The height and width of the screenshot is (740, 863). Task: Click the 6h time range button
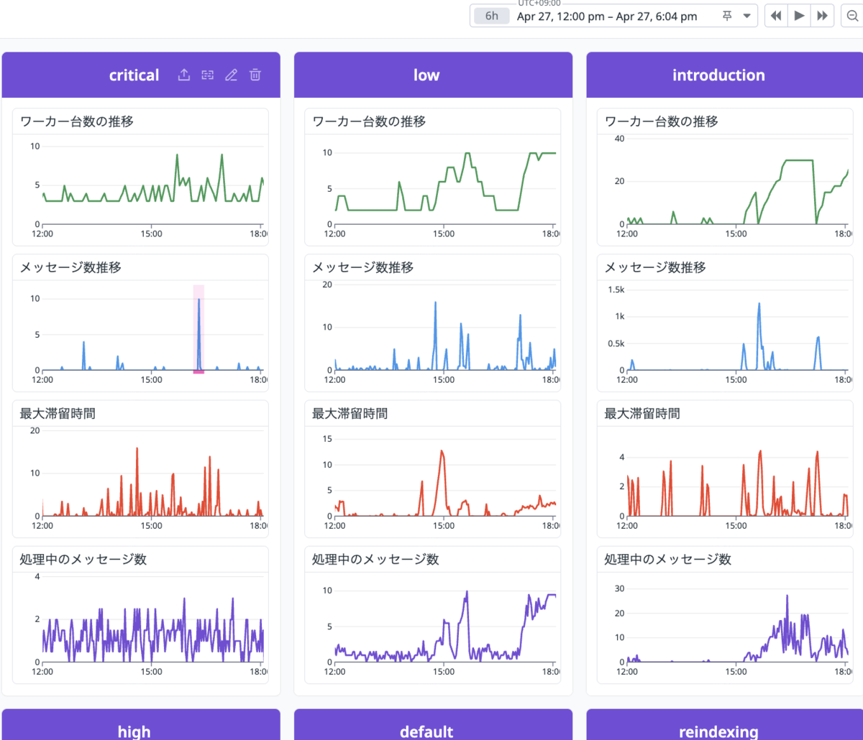coord(491,17)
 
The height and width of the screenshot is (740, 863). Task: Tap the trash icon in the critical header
coord(255,75)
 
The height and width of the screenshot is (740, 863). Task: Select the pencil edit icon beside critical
coord(232,75)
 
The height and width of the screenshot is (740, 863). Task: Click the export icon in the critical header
coord(183,75)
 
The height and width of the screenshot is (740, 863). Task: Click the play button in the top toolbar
coord(799,16)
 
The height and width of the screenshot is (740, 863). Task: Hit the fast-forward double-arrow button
coord(822,16)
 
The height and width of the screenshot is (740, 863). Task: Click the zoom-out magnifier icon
coord(852,16)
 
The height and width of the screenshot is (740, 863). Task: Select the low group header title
coord(426,75)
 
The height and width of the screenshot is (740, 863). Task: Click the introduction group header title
coord(718,75)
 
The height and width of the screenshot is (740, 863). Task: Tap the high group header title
coord(134,731)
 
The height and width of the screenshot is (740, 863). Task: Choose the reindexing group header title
coord(718,732)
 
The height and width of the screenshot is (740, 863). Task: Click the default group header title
coord(426,731)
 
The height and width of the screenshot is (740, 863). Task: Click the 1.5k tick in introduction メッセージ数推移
coord(616,290)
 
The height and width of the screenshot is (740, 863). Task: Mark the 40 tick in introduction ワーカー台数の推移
coord(620,139)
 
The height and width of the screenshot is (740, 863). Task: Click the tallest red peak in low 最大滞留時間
coord(442,450)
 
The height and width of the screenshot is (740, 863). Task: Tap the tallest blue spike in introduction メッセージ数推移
coord(759,303)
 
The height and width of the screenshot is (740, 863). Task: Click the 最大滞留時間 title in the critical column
coord(58,414)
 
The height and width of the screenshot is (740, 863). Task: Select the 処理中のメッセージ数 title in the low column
coord(375,560)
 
